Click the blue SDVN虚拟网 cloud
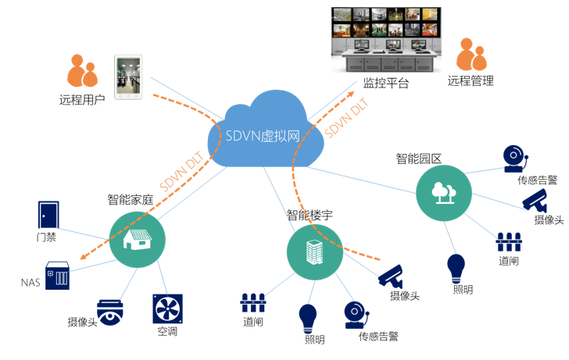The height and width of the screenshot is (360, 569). (265, 134)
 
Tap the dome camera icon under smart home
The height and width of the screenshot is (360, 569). (110, 312)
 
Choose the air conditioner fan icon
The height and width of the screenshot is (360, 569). (166, 308)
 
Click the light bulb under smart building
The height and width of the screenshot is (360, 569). (308, 319)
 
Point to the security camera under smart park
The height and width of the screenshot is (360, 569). (538, 198)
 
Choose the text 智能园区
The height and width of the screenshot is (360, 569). (419, 159)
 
